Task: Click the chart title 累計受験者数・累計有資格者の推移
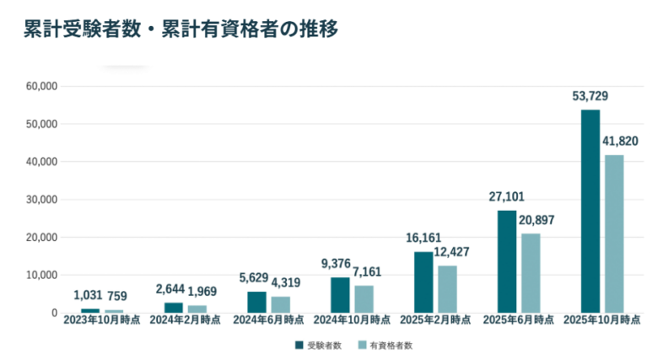coord(181,29)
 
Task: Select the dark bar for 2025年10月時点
coord(590,211)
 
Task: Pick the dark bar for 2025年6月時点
coord(507,261)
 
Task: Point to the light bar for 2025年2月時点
coord(447,289)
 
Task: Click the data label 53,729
coord(590,97)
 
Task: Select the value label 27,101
coord(506,197)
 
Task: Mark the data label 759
coord(116,296)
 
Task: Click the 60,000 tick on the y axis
coord(40,86)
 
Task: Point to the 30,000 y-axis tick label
coord(40,200)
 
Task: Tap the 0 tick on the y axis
coord(54,313)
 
